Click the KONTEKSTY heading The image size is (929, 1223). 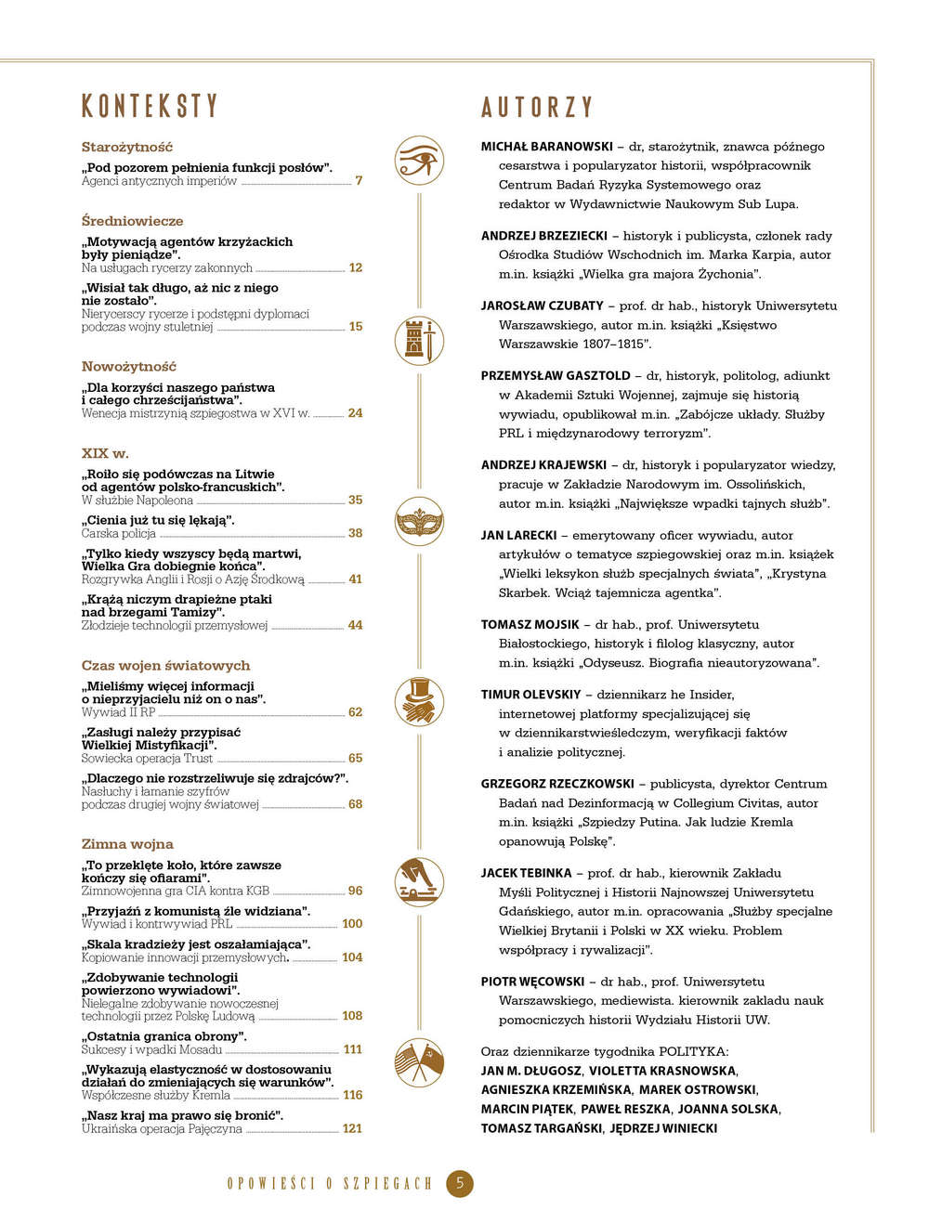pos(150,106)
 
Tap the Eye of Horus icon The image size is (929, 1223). pos(419,161)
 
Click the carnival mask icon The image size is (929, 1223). pos(419,522)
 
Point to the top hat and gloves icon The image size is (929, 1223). pos(419,700)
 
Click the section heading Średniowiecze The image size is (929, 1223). pos(132,221)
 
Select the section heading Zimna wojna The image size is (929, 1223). pos(127,844)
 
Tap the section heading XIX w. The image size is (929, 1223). pos(105,453)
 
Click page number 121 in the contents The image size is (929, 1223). pos(352,1128)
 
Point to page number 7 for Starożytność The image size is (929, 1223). pos(359,180)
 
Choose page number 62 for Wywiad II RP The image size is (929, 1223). pos(355,712)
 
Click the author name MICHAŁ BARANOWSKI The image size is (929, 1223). pos(546,147)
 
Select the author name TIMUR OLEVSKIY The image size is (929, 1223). pos(530,695)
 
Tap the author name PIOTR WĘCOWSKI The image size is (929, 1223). pos(532,982)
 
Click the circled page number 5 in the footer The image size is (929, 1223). pos(460,1183)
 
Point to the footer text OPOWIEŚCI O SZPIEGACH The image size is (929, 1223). pos(330,1184)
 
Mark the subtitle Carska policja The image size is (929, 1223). pos(118,533)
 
